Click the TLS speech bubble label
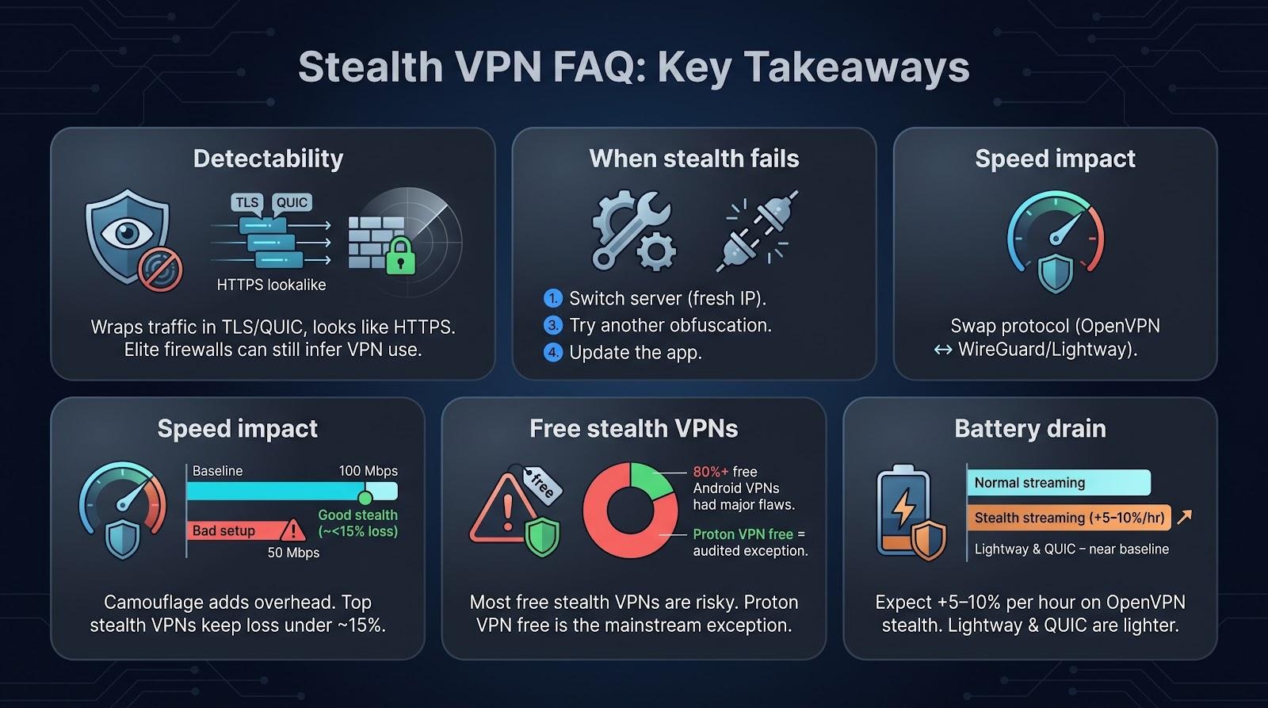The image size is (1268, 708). point(247,203)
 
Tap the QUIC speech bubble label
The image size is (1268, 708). point(292,203)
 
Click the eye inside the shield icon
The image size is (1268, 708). point(128,233)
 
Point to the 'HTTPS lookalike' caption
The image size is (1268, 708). point(271,285)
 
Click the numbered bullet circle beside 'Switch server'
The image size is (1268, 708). point(552,298)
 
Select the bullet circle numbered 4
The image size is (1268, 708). point(552,352)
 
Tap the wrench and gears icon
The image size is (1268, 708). point(633,230)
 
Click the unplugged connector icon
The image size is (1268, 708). point(757,231)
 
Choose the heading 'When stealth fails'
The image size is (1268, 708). point(694,159)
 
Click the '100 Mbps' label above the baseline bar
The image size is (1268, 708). point(368,471)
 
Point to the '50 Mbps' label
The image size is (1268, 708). point(293,553)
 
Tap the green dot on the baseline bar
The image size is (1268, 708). point(365,498)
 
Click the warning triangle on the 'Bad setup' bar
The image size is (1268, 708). point(292,530)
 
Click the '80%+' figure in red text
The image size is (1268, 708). point(710,471)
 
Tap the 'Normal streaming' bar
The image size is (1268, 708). point(1059,483)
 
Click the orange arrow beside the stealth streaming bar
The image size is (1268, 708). point(1184,517)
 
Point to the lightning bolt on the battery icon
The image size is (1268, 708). point(903,507)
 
